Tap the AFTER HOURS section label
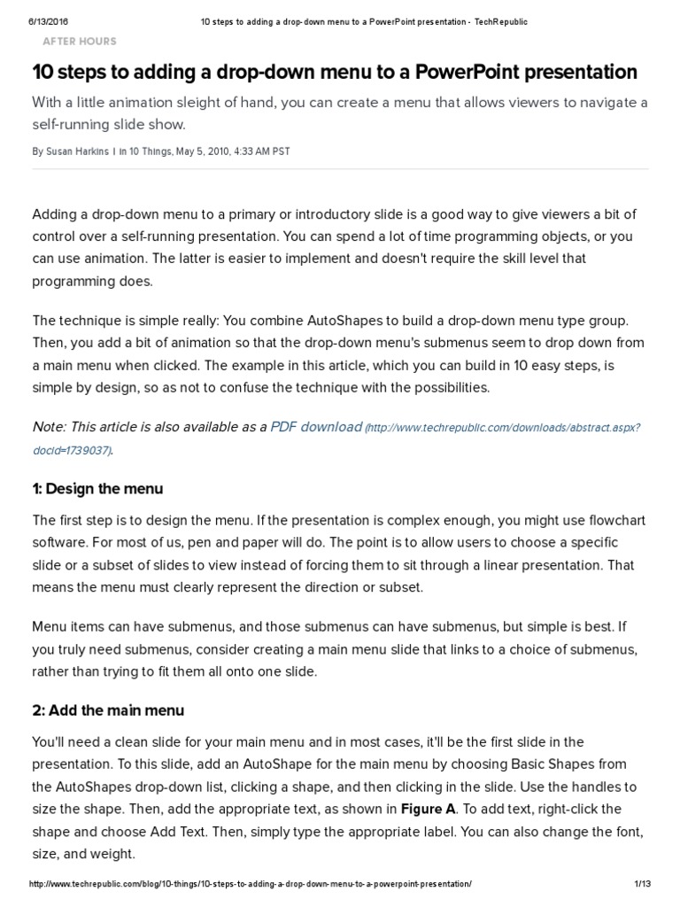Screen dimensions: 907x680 [x=79, y=41]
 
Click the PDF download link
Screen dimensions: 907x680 [x=316, y=426]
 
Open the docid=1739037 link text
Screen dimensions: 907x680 [x=72, y=450]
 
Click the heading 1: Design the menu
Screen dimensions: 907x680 [x=97, y=489]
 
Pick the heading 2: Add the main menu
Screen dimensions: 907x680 [x=108, y=710]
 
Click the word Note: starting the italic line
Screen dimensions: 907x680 [x=49, y=427]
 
